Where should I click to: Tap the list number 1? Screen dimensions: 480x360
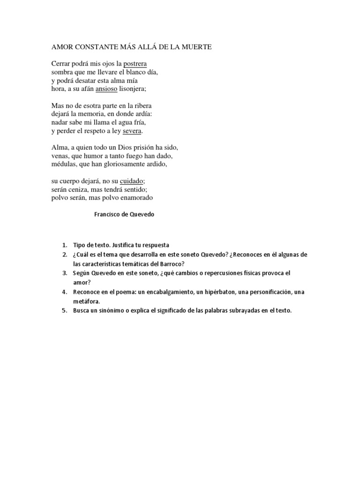tap(64, 245)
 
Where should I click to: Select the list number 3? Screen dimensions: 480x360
tap(64, 272)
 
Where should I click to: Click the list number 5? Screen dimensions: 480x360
tap(64, 310)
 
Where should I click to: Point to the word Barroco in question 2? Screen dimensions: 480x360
tap(173, 263)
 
